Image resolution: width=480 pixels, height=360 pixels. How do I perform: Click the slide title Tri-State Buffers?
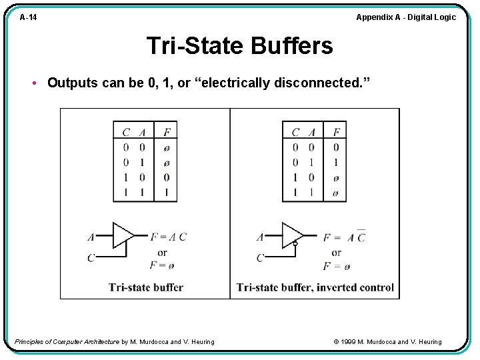tap(239, 46)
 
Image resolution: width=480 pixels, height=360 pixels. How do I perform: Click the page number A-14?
tap(28, 17)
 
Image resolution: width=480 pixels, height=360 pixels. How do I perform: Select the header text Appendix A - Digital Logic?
tap(406, 17)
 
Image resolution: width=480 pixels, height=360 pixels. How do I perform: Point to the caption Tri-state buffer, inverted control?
tap(315, 287)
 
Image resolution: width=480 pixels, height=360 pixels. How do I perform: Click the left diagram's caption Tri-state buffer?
tap(145, 287)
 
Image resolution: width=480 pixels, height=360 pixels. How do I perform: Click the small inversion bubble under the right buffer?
tap(295, 244)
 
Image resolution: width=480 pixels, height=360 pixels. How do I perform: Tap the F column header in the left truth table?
tap(167, 132)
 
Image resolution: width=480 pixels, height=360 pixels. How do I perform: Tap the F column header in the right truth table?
tap(336, 132)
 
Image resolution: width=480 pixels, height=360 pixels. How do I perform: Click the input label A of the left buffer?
tap(91, 237)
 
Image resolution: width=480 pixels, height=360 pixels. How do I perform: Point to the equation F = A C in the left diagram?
tap(169, 237)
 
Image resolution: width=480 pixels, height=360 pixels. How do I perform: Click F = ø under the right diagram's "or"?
tap(337, 266)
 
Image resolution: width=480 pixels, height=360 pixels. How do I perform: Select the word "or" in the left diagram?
tap(162, 252)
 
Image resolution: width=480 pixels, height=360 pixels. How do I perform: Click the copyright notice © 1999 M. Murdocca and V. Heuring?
tap(387, 342)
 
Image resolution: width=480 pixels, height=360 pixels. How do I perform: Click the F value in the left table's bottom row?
tap(167, 193)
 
